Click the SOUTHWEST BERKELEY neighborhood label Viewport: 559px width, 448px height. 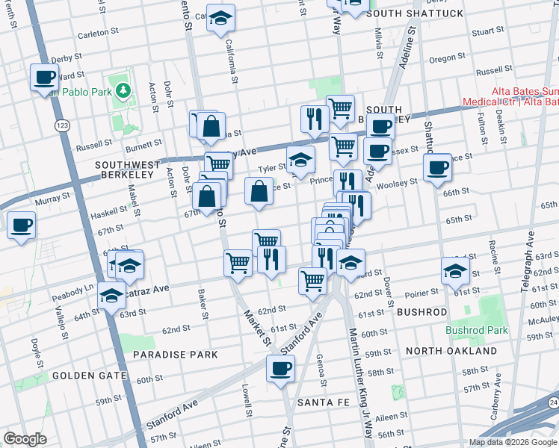click(x=125, y=169)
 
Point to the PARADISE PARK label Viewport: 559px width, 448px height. click(x=176, y=355)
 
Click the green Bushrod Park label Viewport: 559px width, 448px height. click(x=477, y=330)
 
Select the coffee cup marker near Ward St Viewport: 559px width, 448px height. click(x=44, y=77)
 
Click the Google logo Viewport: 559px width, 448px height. click(x=25, y=439)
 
